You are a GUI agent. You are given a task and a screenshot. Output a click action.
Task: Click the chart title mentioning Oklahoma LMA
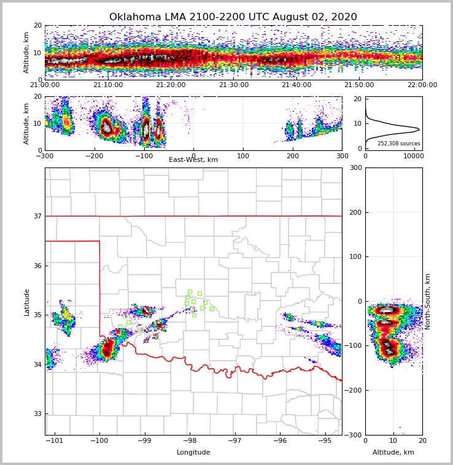pyautogui.click(x=233, y=17)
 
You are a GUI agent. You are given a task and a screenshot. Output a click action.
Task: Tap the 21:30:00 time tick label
pyautogui.click(x=233, y=85)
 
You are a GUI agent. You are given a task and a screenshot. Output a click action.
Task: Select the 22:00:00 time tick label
pyautogui.click(x=422, y=85)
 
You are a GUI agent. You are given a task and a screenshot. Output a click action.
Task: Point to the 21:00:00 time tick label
pyautogui.click(x=45, y=85)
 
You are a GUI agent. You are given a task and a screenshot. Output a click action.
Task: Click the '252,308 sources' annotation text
pyautogui.click(x=399, y=144)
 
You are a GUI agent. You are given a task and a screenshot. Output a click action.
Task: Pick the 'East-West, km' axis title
pyautogui.click(x=193, y=160)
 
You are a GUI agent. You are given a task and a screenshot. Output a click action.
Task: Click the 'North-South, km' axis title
pyautogui.click(x=428, y=301)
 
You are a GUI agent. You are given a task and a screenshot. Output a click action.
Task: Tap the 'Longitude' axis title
pyautogui.click(x=193, y=453)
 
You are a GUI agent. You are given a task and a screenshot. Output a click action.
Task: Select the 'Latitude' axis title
pyautogui.click(x=26, y=302)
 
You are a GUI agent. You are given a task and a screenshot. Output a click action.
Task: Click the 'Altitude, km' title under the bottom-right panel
pyautogui.click(x=393, y=453)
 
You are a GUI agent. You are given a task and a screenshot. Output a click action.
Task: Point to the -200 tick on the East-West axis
pyautogui.click(x=94, y=156)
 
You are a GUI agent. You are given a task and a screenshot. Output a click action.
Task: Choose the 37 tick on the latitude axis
pyautogui.click(x=37, y=216)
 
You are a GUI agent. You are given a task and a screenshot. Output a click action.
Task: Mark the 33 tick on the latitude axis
pyautogui.click(x=37, y=414)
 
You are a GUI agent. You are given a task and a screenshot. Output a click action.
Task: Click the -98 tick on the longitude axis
pyautogui.click(x=189, y=441)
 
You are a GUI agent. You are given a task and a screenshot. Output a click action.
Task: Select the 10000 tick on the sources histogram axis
pyautogui.click(x=413, y=156)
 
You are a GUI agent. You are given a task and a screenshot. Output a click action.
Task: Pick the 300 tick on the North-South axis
pyautogui.click(x=355, y=168)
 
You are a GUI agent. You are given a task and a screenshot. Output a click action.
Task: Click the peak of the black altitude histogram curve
pyautogui.click(x=419, y=129)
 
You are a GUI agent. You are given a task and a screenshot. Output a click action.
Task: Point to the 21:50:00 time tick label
pyautogui.click(x=359, y=85)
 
